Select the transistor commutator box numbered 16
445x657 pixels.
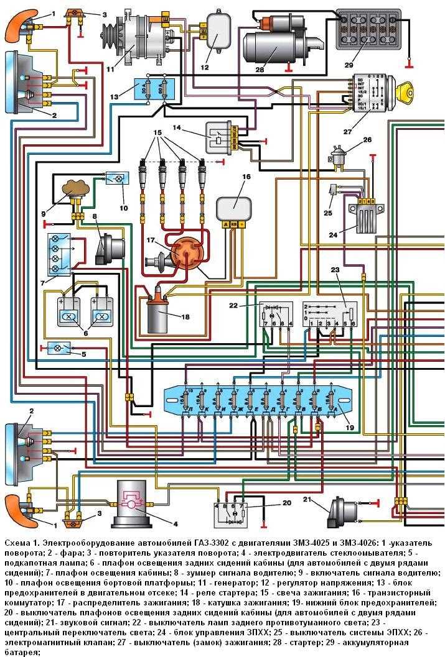pyautogui.click(x=233, y=206)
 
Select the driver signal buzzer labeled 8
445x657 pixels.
pyautogui.click(x=108, y=246)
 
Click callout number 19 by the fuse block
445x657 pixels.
pyautogui.click(x=349, y=428)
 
